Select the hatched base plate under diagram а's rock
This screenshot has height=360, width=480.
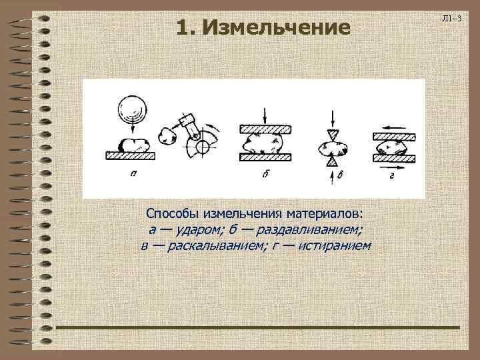[x=131, y=155]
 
